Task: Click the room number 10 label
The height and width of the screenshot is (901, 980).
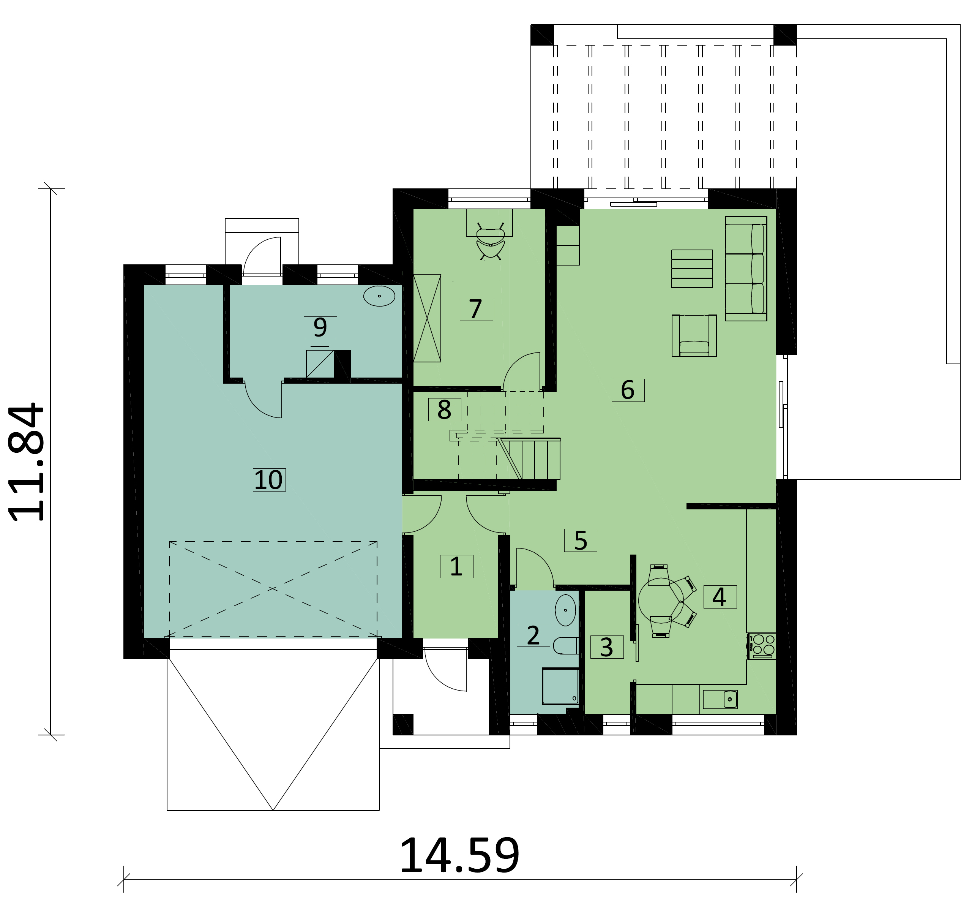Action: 268,480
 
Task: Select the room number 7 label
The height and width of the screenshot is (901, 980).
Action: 476,309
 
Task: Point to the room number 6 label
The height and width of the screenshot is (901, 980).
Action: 628,390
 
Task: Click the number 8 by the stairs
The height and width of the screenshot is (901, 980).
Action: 444,409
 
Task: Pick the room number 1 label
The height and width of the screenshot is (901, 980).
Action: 456,566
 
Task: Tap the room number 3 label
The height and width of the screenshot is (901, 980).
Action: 607,647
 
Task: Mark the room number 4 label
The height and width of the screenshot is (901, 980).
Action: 720,597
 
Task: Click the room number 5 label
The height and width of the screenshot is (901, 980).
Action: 581,540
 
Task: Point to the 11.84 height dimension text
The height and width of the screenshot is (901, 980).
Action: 27,462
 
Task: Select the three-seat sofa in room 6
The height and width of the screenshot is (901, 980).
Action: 746,269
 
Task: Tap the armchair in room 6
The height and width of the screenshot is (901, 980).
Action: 694,335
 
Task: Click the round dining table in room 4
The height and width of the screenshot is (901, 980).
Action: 661,601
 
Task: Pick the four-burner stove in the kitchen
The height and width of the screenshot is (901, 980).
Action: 762,646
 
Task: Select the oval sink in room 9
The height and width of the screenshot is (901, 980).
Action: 379,296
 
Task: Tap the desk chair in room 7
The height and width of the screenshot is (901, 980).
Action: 490,241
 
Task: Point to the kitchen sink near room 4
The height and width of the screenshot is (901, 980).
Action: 720,699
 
